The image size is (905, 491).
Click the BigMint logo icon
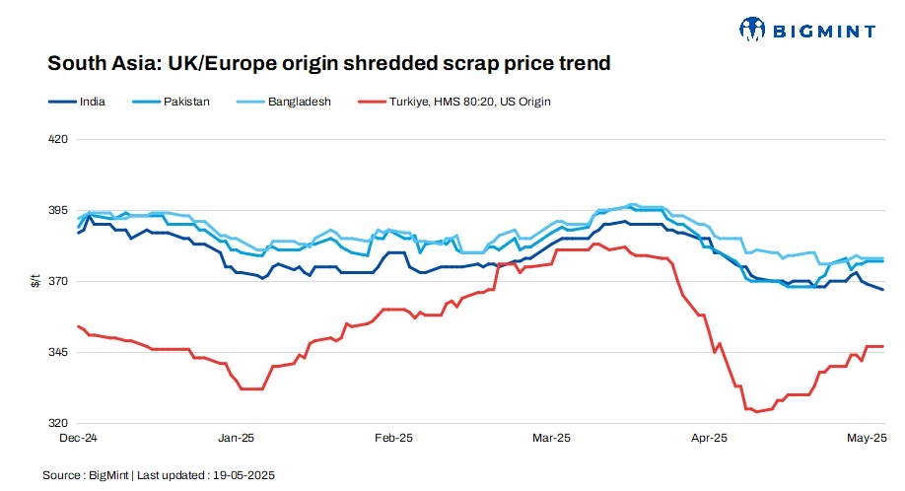click(752, 30)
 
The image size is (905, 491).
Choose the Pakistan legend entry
click(186, 101)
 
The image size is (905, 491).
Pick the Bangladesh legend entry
click(299, 101)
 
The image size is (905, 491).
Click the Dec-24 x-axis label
click(79, 437)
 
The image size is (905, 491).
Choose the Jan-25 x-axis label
click(237, 437)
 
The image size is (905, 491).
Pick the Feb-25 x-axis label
click(394, 437)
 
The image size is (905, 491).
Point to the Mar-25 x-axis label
click(551, 437)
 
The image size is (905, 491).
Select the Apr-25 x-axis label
click(709, 437)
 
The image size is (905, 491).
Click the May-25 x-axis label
click(868, 437)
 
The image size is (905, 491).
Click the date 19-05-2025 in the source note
click(244, 475)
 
